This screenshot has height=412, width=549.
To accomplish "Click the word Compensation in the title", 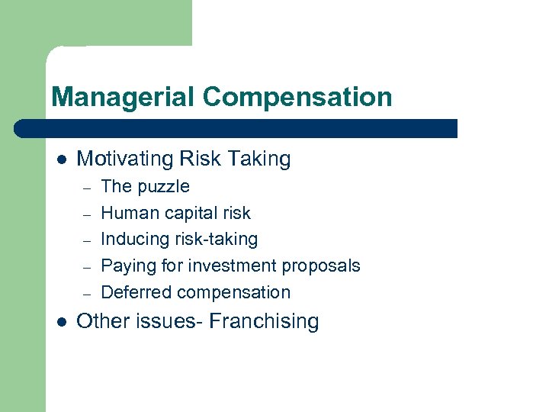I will tap(297, 97).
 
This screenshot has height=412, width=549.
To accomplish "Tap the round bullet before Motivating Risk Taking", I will tap(61, 159).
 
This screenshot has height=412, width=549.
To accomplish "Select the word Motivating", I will tap(125, 159).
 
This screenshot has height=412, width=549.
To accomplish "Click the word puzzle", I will tap(162, 187).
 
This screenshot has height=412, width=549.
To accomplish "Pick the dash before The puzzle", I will tap(88, 188).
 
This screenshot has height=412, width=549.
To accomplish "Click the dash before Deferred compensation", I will tap(88, 293).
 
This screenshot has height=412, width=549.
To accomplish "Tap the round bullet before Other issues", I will tap(61, 322).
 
